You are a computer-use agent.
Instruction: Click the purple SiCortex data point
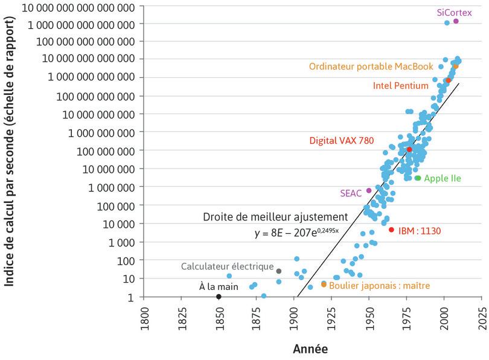click(456, 21)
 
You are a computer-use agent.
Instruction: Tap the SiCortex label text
click(453, 12)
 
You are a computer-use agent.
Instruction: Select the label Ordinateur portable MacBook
click(371, 66)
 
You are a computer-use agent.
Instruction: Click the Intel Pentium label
click(401, 86)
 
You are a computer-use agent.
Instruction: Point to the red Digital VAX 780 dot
click(409, 149)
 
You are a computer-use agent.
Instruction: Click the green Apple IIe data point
click(418, 178)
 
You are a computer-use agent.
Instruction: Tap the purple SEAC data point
click(369, 191)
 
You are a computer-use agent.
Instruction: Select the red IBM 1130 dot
click(391, 230)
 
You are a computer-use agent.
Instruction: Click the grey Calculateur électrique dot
click(279, 271)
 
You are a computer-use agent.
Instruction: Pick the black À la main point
click(219, 297)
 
